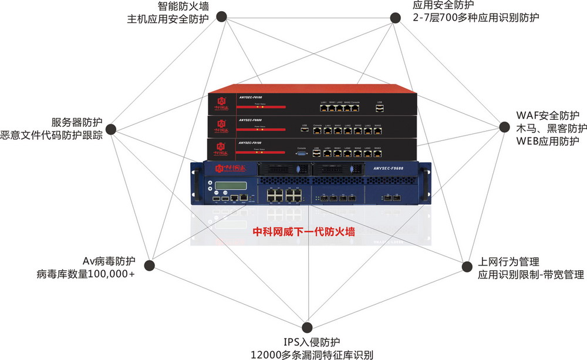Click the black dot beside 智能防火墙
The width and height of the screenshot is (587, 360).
pyautogui.click(x=221, y=16)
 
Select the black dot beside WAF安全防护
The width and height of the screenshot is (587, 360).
pyautogui.click(x=504, y=127)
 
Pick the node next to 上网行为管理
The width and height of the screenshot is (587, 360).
pyautogui.click(x=465, y=267)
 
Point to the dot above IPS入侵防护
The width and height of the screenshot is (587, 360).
pyautogui.click(x=306, y=327)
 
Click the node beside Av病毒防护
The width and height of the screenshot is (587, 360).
pyautogui.click(x=150, y=265)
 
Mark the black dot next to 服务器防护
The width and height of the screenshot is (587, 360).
pyautogui.click(x=116, y=129)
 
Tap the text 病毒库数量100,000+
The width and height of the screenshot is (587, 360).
pyautogui.click(x=86, y=274)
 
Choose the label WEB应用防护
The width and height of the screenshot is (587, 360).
pyautogui.click(x=548, y=141)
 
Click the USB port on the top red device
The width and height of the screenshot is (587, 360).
pyautogui.click(x=380, y=108)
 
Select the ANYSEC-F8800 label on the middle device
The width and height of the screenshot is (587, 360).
pyautogui.click(x=249, y=121)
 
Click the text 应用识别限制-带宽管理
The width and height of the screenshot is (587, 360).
pyautogui.click(x=530, y=274)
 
